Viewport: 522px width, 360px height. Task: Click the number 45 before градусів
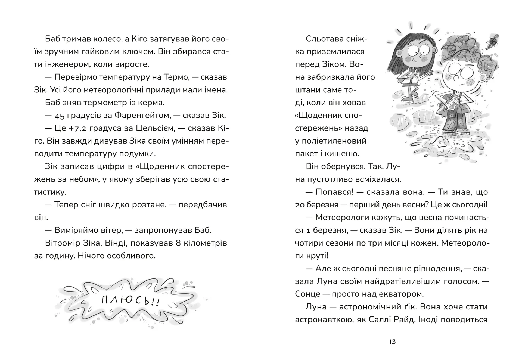pyautogui.click(x=60, y=116)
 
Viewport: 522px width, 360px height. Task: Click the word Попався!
pyautogui.click(x=334, y=192)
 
